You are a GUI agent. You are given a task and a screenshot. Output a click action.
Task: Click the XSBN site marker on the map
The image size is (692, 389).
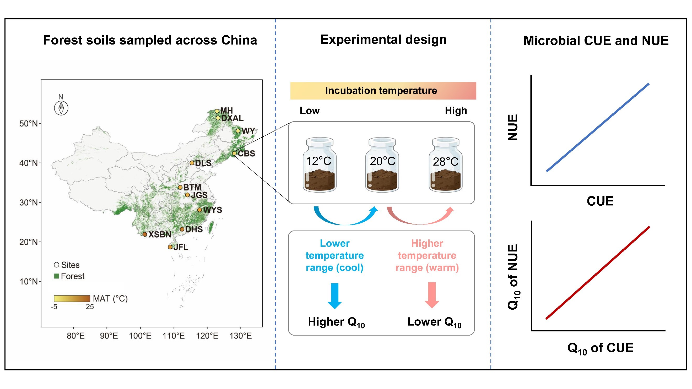[144, 234]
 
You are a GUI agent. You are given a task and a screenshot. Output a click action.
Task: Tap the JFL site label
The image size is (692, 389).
[181, 247]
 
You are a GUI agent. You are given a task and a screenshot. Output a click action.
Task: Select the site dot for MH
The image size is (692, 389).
[217, 111]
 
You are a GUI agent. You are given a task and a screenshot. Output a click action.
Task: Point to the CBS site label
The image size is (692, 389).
[246, 154]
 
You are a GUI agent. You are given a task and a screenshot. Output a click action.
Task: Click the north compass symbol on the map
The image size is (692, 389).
[61, 108]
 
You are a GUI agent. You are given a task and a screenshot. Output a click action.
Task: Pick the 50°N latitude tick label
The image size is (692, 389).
[28, 123]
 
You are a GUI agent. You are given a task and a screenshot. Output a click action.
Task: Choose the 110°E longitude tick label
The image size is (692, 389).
[174, 336]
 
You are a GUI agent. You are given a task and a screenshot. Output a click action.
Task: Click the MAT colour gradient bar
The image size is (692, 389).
[72, 299]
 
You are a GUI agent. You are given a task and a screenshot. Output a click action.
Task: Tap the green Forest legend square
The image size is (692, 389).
[56, 276]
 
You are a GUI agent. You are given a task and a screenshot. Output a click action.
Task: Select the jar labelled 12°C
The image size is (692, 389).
[320, 165]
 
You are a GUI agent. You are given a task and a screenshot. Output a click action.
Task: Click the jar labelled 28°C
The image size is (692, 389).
[445, 165]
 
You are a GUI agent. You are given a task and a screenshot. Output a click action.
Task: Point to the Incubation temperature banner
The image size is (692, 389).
[383, 91]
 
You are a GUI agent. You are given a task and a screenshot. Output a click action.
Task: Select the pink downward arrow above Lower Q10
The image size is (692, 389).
[432, 294]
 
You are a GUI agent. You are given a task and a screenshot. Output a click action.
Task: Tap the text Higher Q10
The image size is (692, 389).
[336, 322]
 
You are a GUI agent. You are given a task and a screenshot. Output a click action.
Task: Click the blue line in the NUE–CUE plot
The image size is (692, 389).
[598, 128]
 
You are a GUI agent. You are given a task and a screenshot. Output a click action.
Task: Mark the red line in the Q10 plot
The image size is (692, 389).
[598, 273]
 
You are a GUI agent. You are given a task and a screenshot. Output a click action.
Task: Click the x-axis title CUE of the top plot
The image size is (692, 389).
[600, 201]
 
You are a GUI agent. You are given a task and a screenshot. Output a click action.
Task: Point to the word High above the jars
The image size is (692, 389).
[456, 111]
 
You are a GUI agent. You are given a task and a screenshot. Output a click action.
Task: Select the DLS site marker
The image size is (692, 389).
[192, 163]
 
